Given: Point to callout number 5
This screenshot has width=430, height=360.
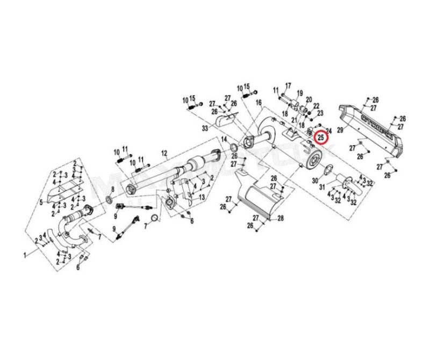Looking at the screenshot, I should click(x=41, y=202).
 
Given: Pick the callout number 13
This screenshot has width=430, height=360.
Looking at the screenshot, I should click(x=202, y=198).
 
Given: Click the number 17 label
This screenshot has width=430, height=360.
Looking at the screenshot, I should click(x=288, y=85).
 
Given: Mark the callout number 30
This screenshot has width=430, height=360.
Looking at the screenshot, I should click(x=315, y=181).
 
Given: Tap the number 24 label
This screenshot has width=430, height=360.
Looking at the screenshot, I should click(x=329, y=131).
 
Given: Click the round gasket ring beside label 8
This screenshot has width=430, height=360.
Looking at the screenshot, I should click(x=109, y=200).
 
